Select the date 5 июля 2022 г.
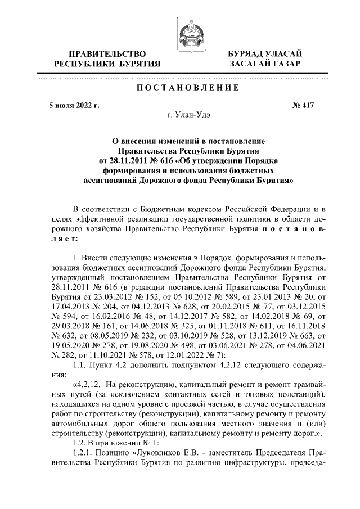(x=74, y=105)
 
